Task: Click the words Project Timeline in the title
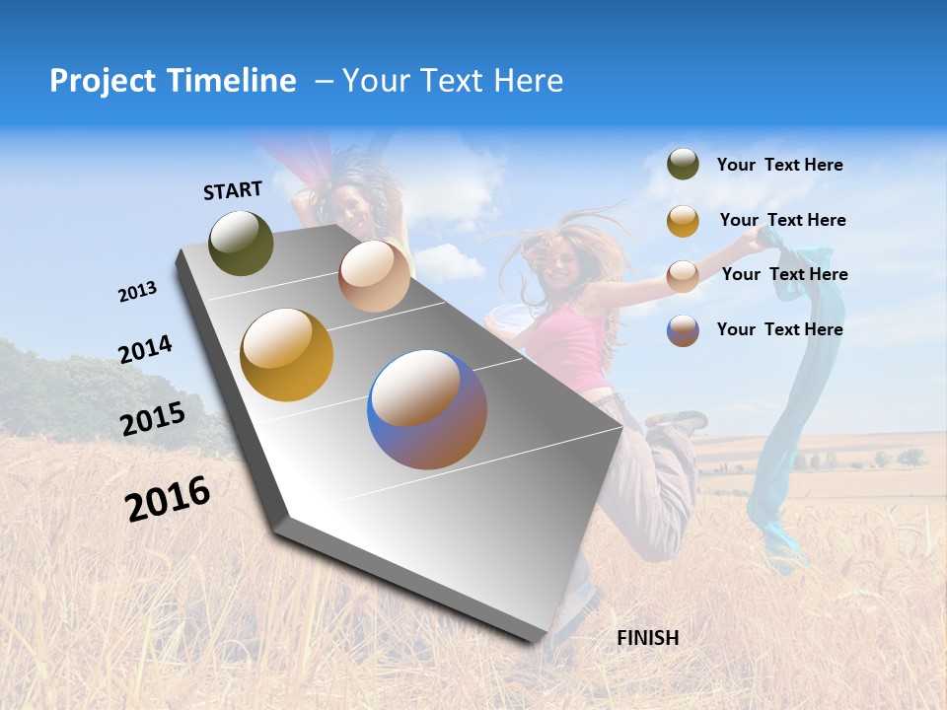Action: (173, 81)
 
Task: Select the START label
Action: (233, 190)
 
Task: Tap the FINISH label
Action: (648, 638)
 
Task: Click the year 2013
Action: (137, 292)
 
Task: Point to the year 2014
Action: (145, 349)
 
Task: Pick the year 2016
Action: (168, 498)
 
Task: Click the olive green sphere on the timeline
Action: (242, 243)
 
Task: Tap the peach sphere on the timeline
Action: (374, 276)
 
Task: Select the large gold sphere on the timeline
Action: (287, 355)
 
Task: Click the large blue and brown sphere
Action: (427, 409)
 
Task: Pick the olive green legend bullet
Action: (683, 165)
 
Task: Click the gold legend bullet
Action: (683, 221)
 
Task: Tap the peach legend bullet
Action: (683, 275)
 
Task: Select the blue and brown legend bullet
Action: (683, 330)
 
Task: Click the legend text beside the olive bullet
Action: (779, 165)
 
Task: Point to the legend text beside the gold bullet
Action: (782, 220)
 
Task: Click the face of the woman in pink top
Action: (560, 264)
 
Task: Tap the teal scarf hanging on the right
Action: (779, 473)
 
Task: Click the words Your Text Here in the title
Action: (453, 81)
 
